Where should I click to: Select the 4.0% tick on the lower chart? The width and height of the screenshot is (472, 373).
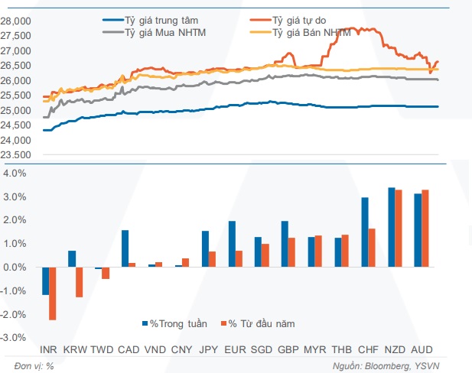pyautogui.click(x=15, y=174)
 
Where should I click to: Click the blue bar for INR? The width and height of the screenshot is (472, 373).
pyautogui.click(x=45, y=281)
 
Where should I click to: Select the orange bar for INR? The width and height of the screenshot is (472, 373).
pyautogui.click(x=53, y=294)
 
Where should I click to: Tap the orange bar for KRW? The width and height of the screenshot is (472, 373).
pyautogui.click(x=79, y=282)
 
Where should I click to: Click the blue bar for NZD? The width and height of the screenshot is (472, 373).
pyautogui.click(x=391, y=227)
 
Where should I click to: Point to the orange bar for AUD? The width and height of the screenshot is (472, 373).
pyautogui.click(x=425, y=229)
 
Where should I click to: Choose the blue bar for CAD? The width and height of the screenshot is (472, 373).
pyautogui.click(x=125, y=248)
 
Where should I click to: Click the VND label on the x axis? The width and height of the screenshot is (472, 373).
pyautogui.click(x=156, y=349)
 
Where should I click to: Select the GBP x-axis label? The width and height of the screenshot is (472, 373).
pyautogui.click(x=288, y=349)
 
